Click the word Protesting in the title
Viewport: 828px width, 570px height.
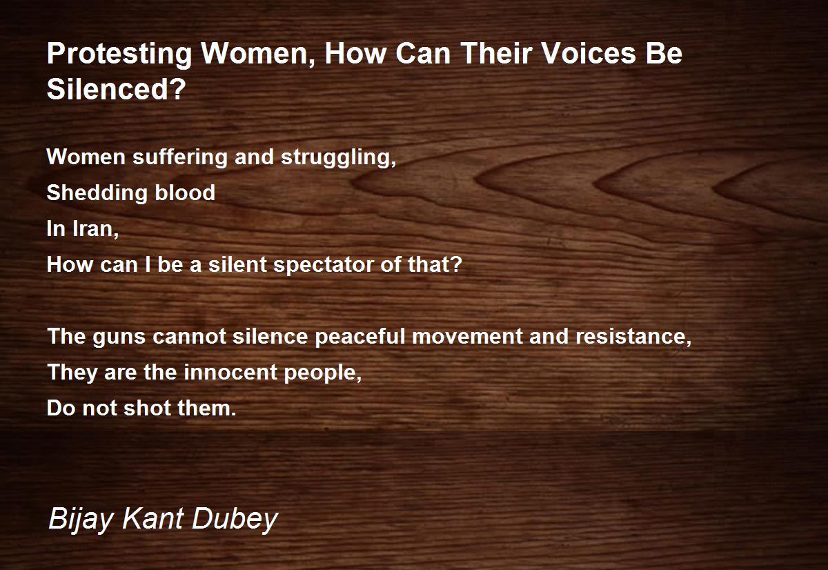(119, 55)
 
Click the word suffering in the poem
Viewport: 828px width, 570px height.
(180, 157)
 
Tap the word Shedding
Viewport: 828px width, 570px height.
(97, 193)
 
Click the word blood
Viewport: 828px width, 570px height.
(185, 193)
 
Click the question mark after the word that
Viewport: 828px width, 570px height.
(457, 264)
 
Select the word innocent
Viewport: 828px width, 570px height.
(230, 372)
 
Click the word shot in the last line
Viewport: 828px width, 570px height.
(147, 408)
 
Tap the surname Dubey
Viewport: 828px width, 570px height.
(235, 520)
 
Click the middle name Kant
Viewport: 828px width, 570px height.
(152, 518)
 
